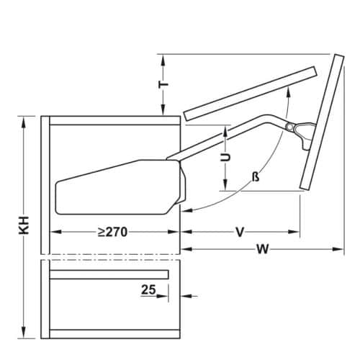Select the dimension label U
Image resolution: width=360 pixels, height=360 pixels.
[x=225, y=157]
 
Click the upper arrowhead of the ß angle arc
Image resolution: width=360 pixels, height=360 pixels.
[x=289, y=89]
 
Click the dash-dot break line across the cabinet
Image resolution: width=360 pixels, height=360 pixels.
[x=108, y=256]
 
